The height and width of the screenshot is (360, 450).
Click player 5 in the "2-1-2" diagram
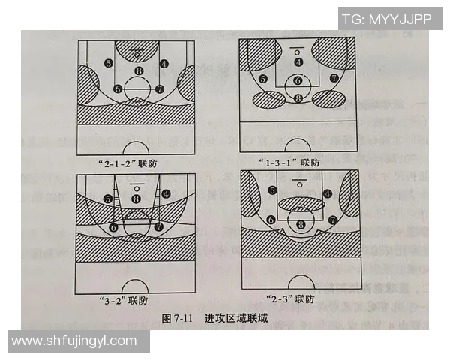click(x=109, y=63)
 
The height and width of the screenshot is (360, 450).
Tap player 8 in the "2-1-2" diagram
click(x=137, y=71)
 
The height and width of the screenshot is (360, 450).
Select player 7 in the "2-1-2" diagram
click(x=159, y=88)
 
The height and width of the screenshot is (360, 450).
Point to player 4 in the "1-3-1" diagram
click(x=298, y=62)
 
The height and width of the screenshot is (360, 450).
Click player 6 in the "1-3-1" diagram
click(x=298, y=80)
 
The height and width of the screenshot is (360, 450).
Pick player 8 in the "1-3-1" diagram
click(x=298, y=98)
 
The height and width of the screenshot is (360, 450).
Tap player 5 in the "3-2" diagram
click(x=108, y=199)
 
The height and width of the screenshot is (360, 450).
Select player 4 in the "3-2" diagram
click(x=165, y=193)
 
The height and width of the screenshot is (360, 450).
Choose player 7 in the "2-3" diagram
click(x=331, y=220)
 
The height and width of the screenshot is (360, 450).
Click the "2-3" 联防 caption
click(x=293, y=298)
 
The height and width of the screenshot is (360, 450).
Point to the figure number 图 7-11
click(x=177, y=319)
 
